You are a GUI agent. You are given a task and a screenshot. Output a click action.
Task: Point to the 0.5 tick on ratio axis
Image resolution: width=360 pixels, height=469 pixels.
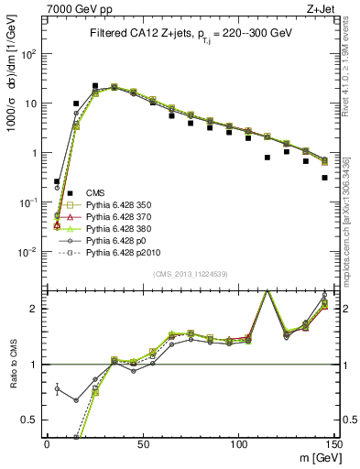30,420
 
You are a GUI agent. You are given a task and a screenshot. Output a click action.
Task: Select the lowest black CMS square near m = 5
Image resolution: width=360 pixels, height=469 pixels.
57,181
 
